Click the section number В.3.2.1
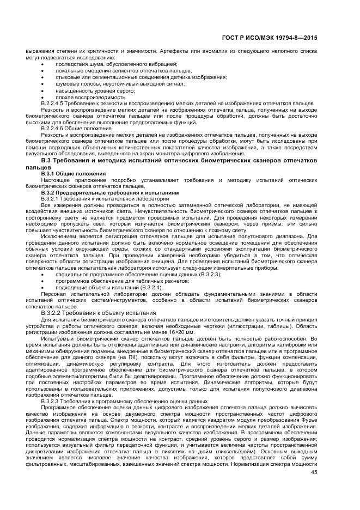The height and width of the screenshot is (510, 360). (x=51, y=199)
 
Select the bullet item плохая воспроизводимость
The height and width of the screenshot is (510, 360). (x=83, y=97)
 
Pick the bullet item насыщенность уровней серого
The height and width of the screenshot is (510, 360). (x=87, y=90)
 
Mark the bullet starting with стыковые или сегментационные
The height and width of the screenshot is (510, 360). (x=141, y=77)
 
